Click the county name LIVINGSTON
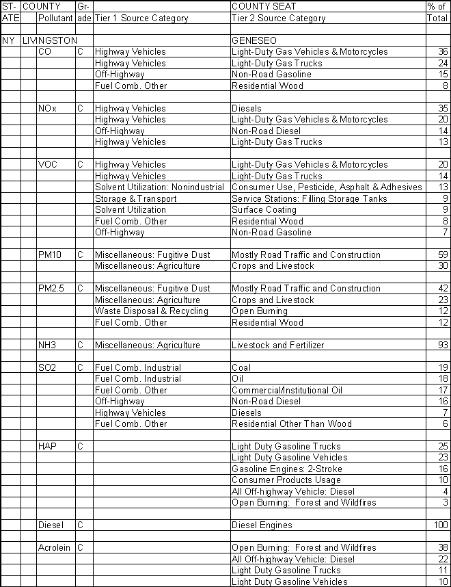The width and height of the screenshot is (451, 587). [x=50, y=40]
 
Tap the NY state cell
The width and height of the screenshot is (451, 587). [x=9, y=40]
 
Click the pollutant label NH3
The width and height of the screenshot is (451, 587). [x=48, y=345]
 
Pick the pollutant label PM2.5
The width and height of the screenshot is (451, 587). [x=51, y=289]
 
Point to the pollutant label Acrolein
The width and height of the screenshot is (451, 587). [x=54, y=548]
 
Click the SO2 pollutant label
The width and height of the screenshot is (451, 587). [x=47, y=367]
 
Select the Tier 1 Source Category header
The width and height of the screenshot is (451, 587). [x=141, y=18]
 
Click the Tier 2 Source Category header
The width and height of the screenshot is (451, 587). [x=279, y=18]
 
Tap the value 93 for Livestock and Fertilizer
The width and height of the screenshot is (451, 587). [x=442, y=345]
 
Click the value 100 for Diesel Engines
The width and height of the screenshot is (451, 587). [x=439, y=525]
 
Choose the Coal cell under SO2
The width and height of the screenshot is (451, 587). [x=241, y=367]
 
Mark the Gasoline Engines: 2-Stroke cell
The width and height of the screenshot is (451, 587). [x=287, y=469]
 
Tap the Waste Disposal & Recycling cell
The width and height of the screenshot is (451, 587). [x=152, y=311]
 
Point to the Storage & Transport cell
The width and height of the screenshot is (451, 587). [x=136, y=198]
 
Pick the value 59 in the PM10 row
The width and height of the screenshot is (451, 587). [x=442, y=255]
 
